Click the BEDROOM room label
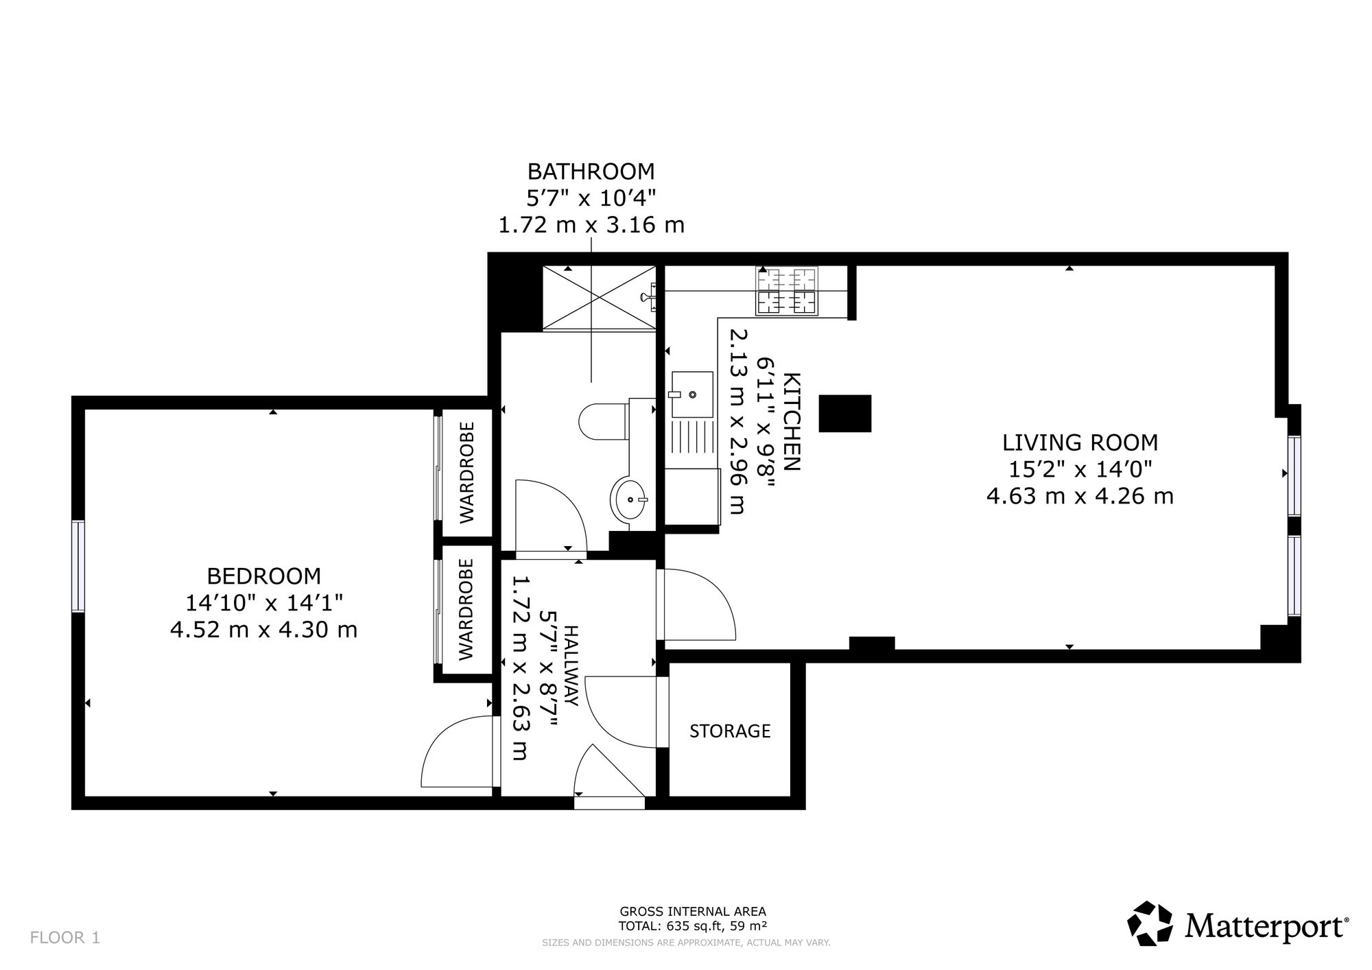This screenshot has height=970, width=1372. [264, 576]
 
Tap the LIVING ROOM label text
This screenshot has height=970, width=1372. [1080, 442]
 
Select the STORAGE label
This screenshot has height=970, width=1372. [730, 731]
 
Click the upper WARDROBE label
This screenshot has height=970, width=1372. [466, 473]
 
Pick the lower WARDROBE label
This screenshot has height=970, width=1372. [466, 610]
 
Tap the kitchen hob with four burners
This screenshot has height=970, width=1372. [787, 291]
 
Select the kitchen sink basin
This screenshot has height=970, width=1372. [692, 394]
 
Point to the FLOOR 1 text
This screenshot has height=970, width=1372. [65, 938]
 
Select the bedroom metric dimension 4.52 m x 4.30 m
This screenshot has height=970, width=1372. [264, 629]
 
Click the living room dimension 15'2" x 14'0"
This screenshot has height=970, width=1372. [1080, 469]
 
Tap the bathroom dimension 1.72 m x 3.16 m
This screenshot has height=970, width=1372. [591, 225]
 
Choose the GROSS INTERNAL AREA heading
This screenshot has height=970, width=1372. [693, 912]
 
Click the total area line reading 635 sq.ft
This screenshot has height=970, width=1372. [693, 925]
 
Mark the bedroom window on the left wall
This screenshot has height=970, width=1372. [78, 566]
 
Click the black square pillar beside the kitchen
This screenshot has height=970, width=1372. [845, 414]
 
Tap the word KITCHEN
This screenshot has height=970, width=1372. [792, 422]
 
